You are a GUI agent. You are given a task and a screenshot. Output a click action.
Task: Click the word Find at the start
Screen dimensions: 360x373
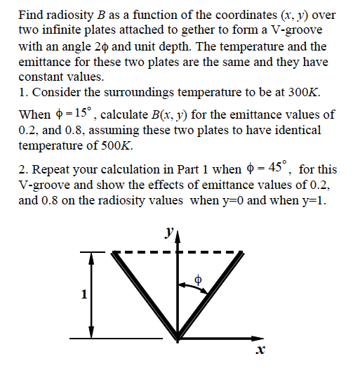(30, 13)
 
